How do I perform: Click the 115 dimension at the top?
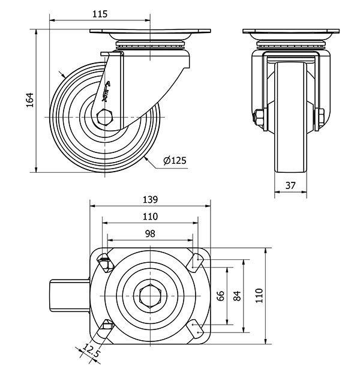100,13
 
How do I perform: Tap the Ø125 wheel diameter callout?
174,160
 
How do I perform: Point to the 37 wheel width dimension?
290,185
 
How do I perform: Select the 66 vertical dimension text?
220,296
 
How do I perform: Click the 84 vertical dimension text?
237,296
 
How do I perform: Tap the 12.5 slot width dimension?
92,352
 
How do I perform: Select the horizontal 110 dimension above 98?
150,217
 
